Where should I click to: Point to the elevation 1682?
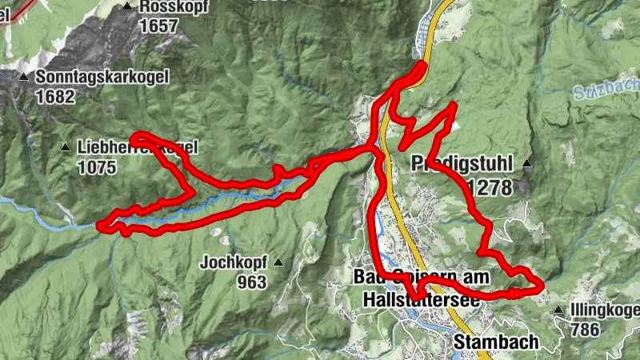point(54,97)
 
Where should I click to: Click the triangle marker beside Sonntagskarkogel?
point(24,78)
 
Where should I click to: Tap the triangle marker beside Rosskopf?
point(128,6)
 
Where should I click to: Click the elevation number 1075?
point(98,168)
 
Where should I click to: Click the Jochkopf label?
point(232,262)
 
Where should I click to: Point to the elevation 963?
point(251,282)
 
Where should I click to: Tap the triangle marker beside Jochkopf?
point(278,262)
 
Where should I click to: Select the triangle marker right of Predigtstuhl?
point(526,164)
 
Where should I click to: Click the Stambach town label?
point(495,342)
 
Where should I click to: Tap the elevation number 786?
point(586,329)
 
